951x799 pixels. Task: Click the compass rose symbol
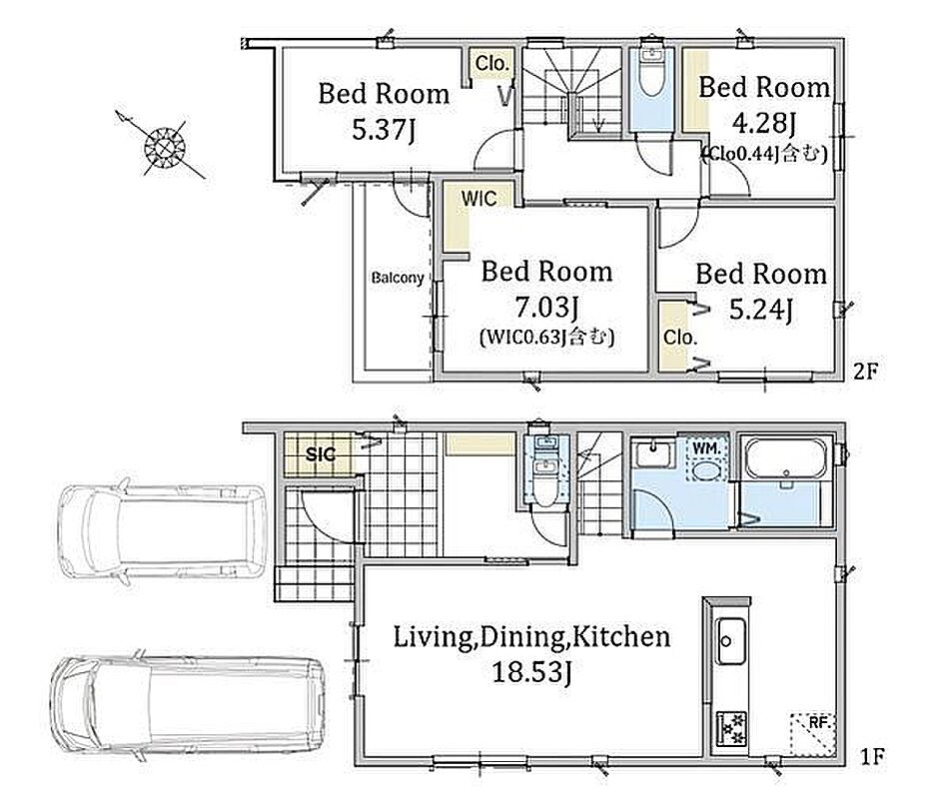click(165, 147)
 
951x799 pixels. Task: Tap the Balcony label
click(398, 279)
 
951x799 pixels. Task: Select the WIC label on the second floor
click(478, 198)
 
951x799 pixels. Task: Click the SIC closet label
click(321, 454)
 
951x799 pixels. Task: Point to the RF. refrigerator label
click(819, 723)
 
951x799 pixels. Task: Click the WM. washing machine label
click(706, 448)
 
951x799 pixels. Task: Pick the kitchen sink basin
click(730, 641)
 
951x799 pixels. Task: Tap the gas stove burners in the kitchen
click(731, 728)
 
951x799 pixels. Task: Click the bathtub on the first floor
click(785, 457)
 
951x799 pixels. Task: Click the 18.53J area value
click(531, 672)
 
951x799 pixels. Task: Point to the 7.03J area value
click(545, 308)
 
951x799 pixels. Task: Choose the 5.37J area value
click(384, 129)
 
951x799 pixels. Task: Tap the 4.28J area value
click(763, 123)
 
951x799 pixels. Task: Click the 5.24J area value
click(760, 310)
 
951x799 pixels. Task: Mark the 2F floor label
click(865, 371)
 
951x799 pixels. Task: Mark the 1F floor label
click(872, 756)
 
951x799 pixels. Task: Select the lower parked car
click(188, 704)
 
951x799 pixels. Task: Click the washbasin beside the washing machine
click(652, 454)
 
